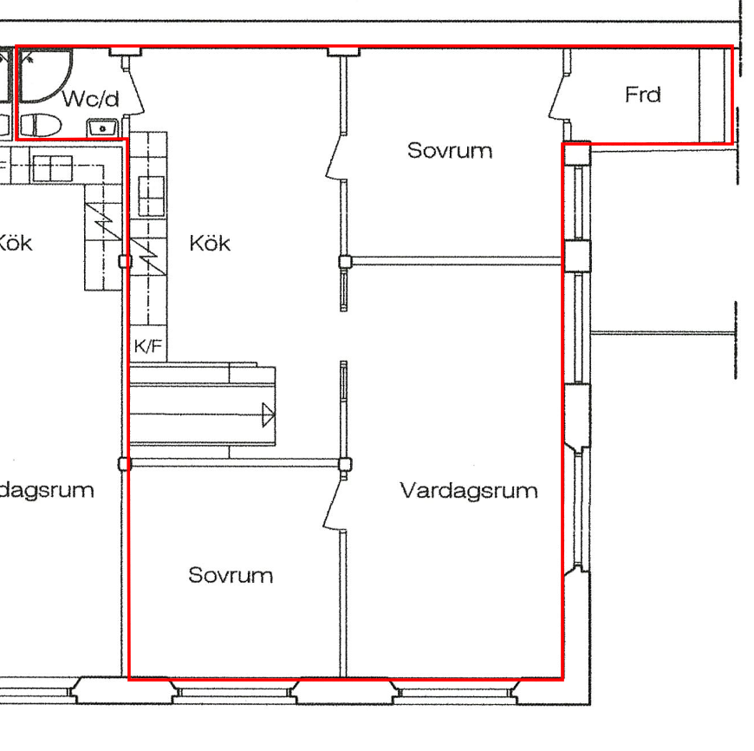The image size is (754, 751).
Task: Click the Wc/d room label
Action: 90,99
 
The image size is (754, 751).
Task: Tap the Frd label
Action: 643,95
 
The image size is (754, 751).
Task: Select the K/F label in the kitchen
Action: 147,346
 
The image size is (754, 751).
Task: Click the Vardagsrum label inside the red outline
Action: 469,491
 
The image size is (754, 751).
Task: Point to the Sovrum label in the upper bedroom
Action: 450,151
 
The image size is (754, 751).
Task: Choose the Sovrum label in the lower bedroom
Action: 231,576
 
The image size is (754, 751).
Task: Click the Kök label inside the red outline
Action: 210,244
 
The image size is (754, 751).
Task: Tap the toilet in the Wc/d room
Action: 41,126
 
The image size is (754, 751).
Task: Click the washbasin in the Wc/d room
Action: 102,128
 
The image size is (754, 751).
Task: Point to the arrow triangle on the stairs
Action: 269,415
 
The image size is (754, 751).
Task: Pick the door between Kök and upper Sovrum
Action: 335,156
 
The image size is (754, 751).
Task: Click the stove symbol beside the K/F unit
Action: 147,257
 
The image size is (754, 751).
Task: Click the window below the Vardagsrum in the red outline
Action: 455,692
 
